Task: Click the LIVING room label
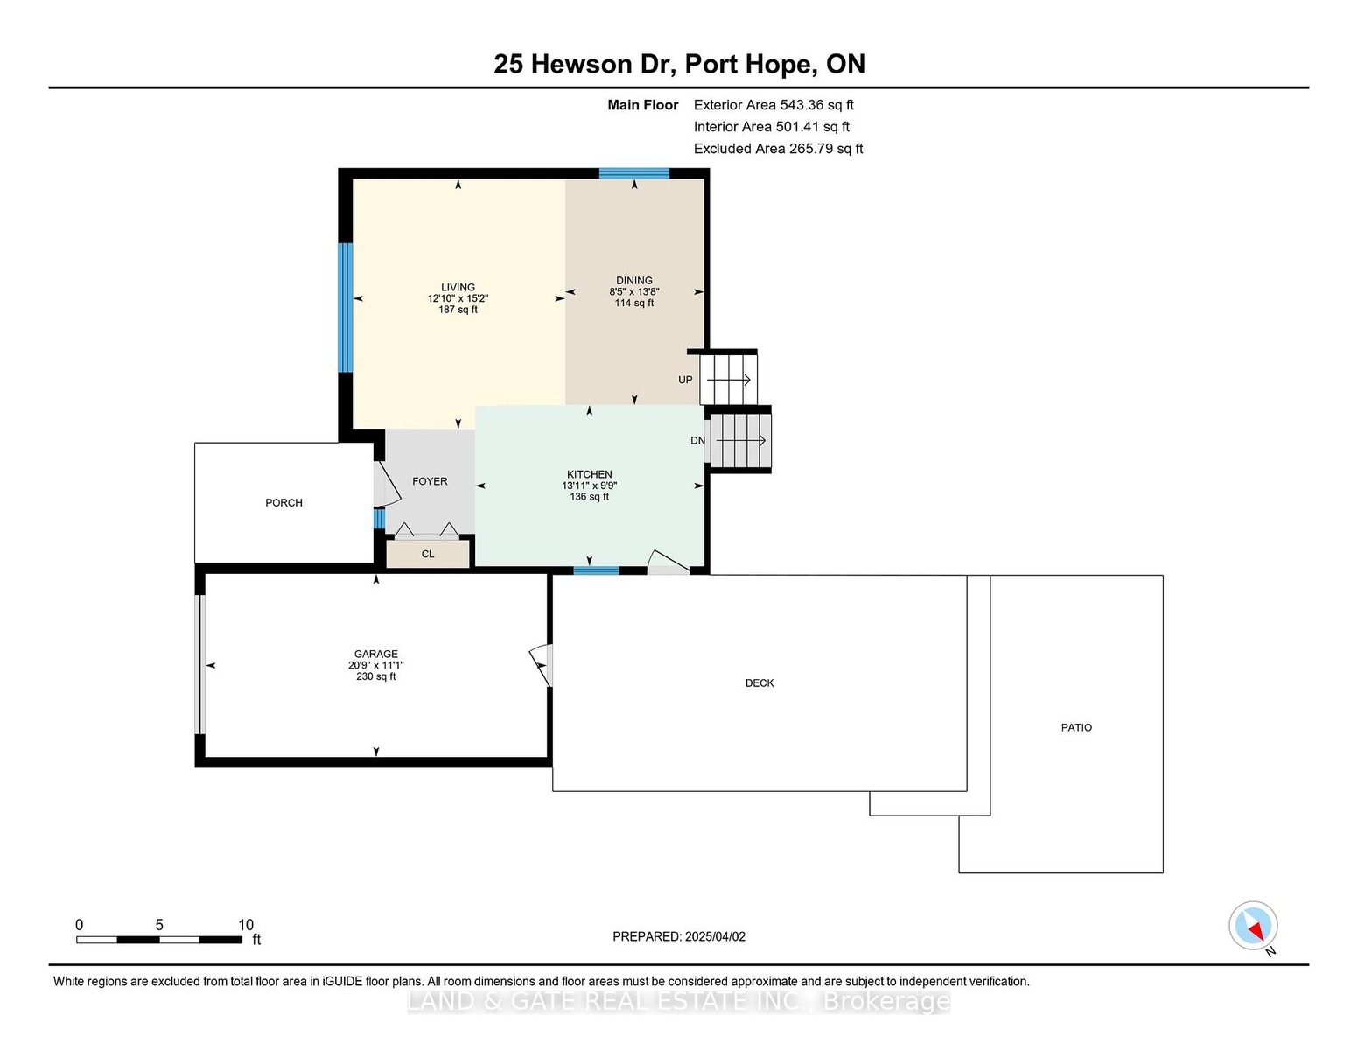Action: (x=458, y=287)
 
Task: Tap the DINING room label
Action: (x=633, y=281)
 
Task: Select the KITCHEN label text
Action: (x=590, y=474)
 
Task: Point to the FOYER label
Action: (x=430, y=481)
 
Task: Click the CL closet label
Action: (x=428, y=554)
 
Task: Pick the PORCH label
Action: (x=283, y=503)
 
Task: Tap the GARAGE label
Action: (x=375, y=654)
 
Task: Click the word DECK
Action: (x=759, y=683)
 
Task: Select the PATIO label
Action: (x=1076, y=727)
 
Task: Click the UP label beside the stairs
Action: (x=685, y=380)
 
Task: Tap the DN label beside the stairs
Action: (x=697, y=440)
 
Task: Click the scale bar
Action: (x=158, y=940)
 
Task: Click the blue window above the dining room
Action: (x=634, y=173)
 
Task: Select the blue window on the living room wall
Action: (x=345, y=307)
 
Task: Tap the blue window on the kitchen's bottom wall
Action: (x=596, y=570)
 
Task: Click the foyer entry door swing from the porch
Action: (x=388, y=483)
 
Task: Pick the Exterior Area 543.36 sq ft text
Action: (x=773, y=105)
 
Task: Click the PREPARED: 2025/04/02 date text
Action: (x=679, y=936)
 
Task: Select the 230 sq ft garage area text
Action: (x=375, y=676)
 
